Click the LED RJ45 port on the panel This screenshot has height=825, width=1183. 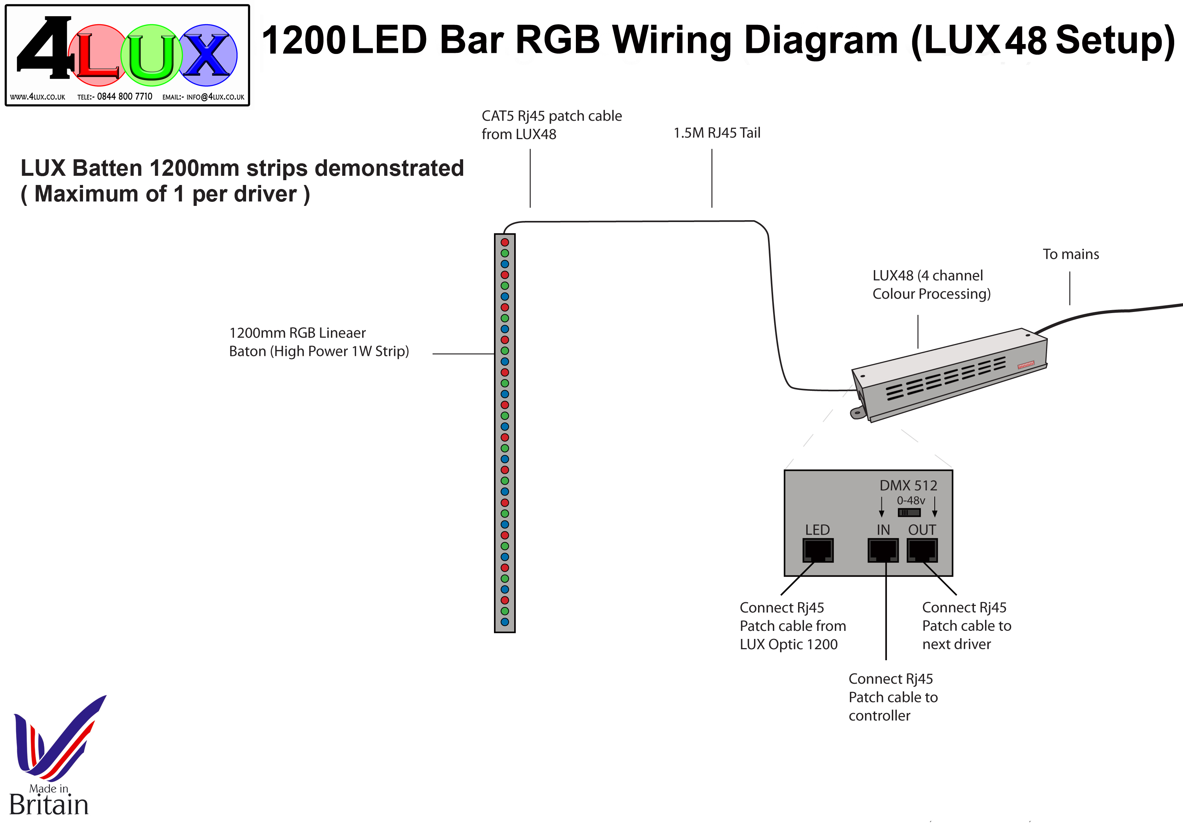tap(818, 550)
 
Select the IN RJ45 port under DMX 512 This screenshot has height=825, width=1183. tap(883, 550)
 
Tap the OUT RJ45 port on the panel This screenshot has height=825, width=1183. tap(922, 550)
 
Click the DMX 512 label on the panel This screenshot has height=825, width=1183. tap(908, 485)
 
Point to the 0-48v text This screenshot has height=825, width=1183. tap(910, 500)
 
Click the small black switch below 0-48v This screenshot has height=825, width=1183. tap(909, 512)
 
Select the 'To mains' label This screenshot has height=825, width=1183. tap(1071, 254)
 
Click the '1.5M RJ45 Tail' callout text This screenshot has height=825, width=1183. tap(717, 133)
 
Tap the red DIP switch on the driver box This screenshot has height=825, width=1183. tap(1025, 364)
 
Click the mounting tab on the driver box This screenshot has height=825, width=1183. tap(857, 412)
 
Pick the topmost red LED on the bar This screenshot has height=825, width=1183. tap(505, 242)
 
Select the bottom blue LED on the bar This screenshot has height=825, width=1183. tap(505, 622)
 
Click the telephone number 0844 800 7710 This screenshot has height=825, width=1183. tap(124, 96)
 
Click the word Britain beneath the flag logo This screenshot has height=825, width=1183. tap(49, 805)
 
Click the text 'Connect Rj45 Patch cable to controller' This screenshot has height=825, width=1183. tap(893, 697)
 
